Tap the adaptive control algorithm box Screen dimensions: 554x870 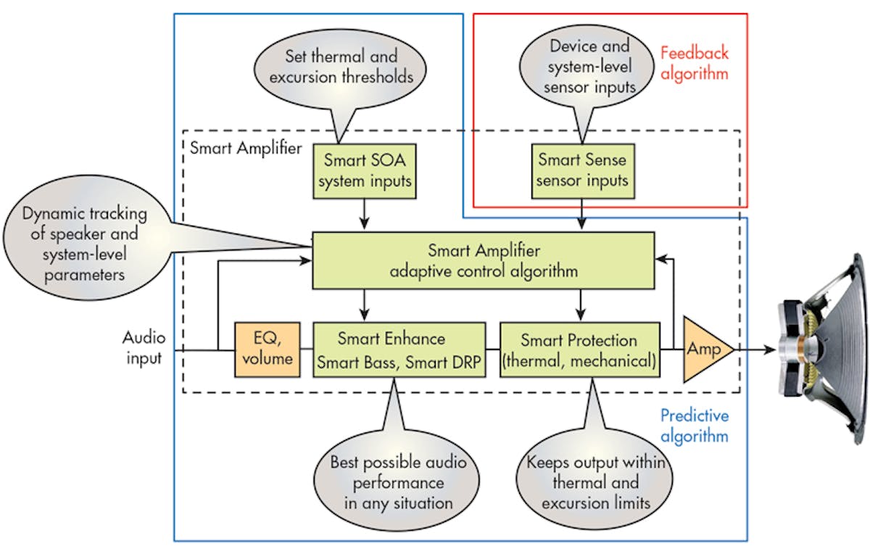pyautogui.click(x=483, y=261)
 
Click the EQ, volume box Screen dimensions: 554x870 pyautogui.click(x=267, y=349)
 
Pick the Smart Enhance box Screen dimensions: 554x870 pyautogui.click(x=401, y=350)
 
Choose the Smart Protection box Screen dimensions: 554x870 pyautogui.click(x=580, y=350)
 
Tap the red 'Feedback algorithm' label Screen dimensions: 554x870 pyautogui.click(x=694, y=62)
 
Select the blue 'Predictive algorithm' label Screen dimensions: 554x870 pyautogui.click(x=694, y=426)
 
